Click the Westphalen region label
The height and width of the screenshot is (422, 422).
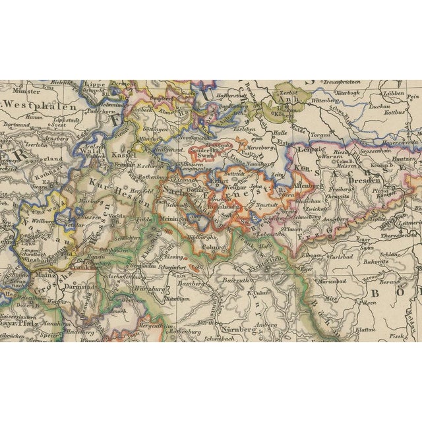(x=40, y=104)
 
